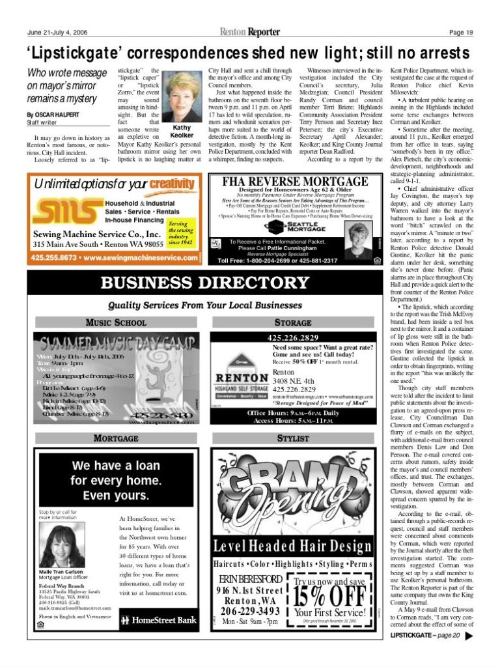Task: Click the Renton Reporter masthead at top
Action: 249,32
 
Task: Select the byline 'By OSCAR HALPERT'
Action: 53,115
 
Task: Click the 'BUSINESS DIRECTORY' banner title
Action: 204,283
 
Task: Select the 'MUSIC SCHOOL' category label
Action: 116,322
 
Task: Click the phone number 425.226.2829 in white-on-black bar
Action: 293,337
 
